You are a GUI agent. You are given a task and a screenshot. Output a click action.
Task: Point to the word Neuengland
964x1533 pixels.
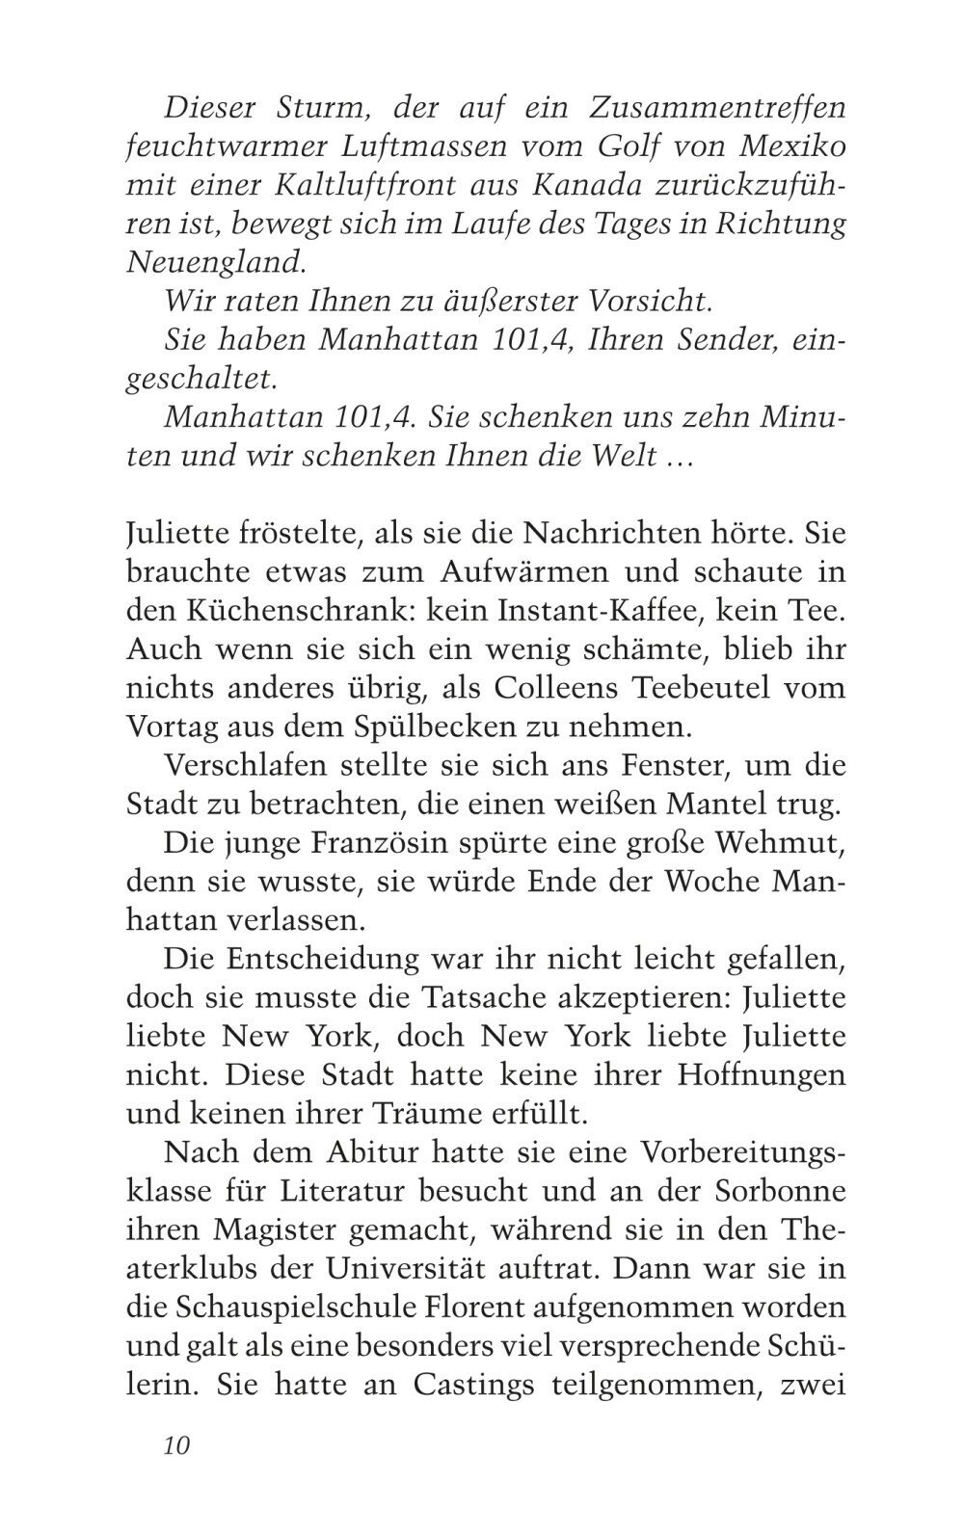click(x=210, y=262)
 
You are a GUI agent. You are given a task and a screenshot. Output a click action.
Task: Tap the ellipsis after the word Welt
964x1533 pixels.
click(x=680, y=456)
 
